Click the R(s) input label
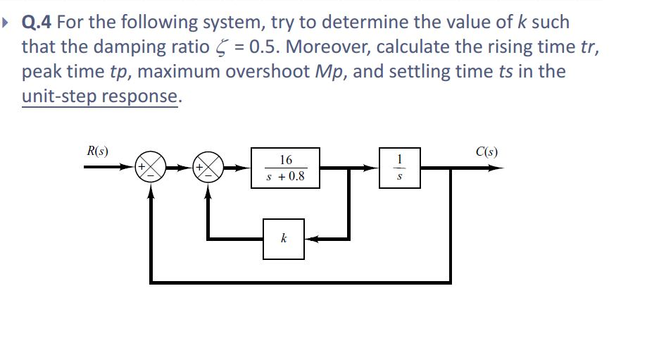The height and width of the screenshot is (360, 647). click(96, 151)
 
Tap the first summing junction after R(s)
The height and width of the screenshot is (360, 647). click(151, 168)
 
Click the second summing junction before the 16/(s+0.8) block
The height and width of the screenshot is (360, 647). click(208, 168)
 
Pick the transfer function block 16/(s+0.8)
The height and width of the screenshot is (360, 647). click(286, 168)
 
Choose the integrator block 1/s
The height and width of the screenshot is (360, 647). click(400, 168)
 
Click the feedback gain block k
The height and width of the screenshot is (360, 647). click(284, 239)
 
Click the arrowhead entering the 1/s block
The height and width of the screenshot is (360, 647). click(372, 168)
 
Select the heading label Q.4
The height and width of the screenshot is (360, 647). click(37, 22)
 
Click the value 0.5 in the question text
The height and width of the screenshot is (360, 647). click(260, 47)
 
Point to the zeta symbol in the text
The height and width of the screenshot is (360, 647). click(216, 48)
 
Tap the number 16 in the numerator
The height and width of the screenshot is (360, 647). click(286, 159)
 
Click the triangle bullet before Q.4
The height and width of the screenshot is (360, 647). click(8, 23)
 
